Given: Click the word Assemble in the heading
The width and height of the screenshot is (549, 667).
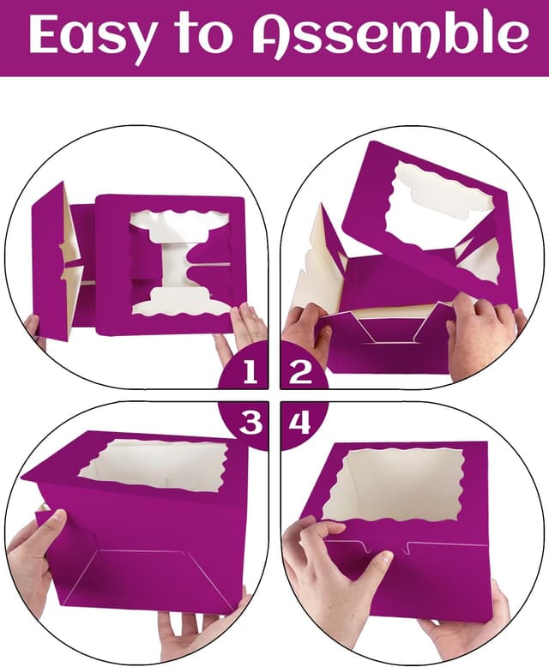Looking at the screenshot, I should click(x=389, y=36).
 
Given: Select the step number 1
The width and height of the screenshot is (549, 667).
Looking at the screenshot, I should click(x=250, y=372).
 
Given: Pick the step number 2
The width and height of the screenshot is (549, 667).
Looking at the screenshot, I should click(x=299, y=372).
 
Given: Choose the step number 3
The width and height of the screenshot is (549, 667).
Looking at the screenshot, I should click(x=250, y=423).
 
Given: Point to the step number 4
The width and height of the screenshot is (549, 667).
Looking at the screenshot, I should click(x=299, y=423).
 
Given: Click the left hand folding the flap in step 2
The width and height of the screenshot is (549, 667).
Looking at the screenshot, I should click(x=305, y=330).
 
